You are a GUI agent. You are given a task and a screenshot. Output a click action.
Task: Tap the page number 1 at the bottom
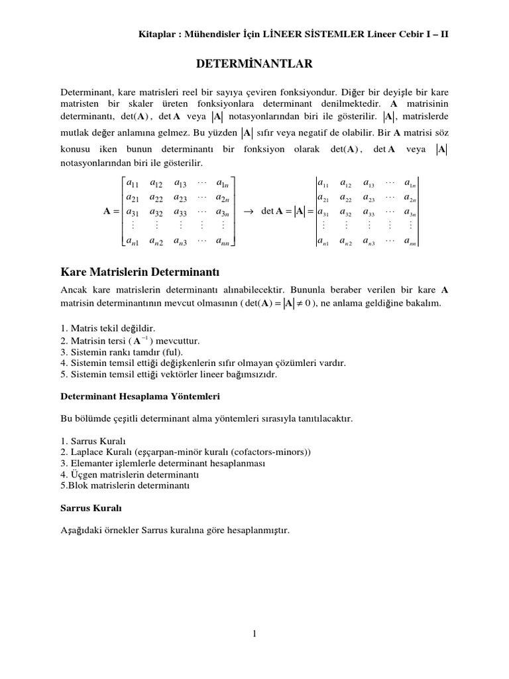pos(254,634)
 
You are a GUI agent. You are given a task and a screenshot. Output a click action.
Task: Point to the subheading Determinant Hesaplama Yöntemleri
pos(141,396)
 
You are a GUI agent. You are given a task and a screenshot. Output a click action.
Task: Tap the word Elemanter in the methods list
pos(89,463)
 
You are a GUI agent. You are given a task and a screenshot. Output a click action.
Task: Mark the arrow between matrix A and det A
pos(249,212)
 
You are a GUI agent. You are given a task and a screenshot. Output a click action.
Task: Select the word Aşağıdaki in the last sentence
pos(82,531)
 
